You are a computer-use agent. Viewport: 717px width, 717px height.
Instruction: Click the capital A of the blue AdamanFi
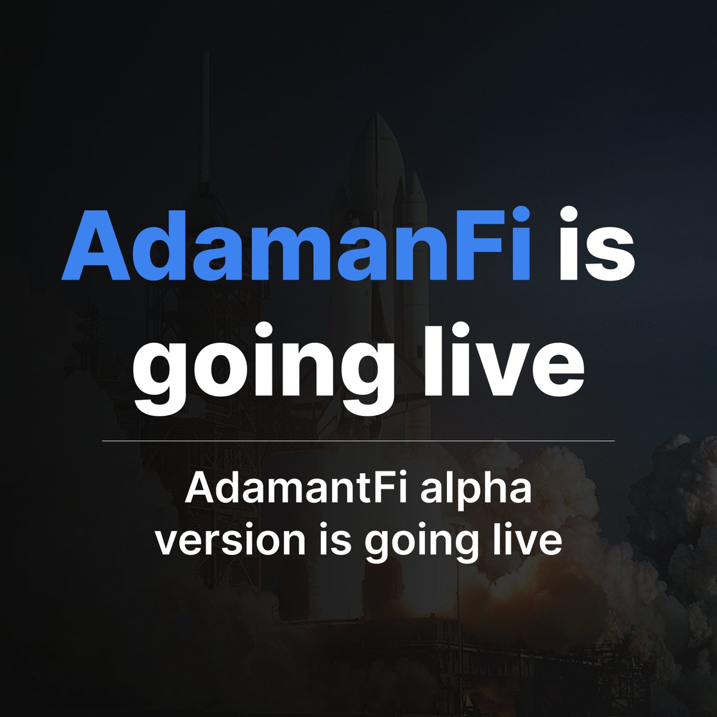96,246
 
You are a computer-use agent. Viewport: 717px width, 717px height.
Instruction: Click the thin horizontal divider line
358,441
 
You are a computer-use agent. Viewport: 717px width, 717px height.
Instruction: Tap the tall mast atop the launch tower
204,115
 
